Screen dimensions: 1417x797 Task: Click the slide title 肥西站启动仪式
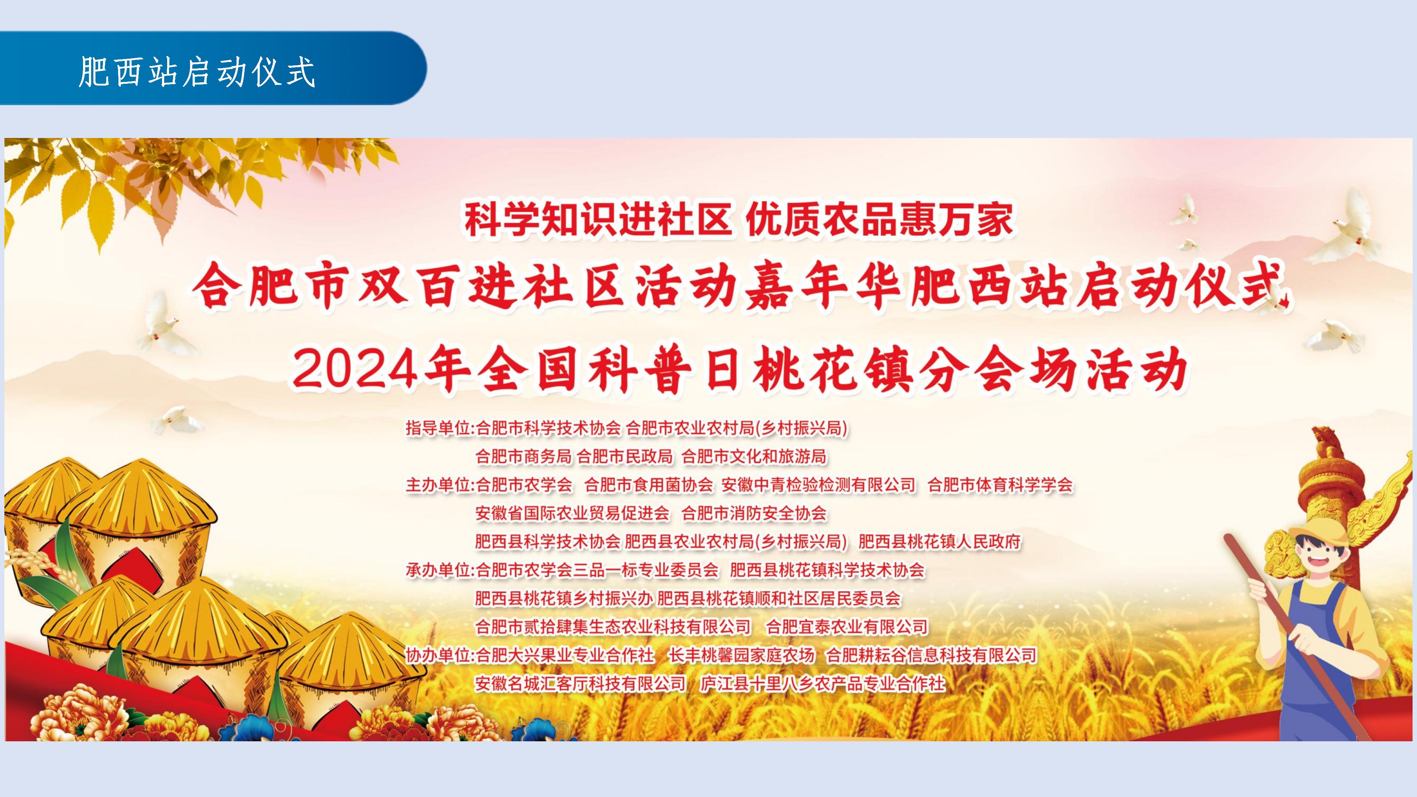tap(197, 72)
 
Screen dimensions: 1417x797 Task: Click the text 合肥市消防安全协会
tap(754, 513)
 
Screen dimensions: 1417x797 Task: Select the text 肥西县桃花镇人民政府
tap(940, 542)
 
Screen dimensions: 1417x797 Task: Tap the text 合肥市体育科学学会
tap(1000, 484)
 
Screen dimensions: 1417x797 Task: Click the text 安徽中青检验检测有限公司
tap(818, 484)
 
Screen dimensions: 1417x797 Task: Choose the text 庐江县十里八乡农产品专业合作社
tap(823, 684)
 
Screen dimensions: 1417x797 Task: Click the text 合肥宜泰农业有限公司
tap(847, 627)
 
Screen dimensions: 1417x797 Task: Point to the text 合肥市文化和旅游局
tap(754, 456)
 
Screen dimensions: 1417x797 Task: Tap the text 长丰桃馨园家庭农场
tap(741, 655)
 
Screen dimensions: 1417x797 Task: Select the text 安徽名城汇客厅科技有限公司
tap(580, 684)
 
